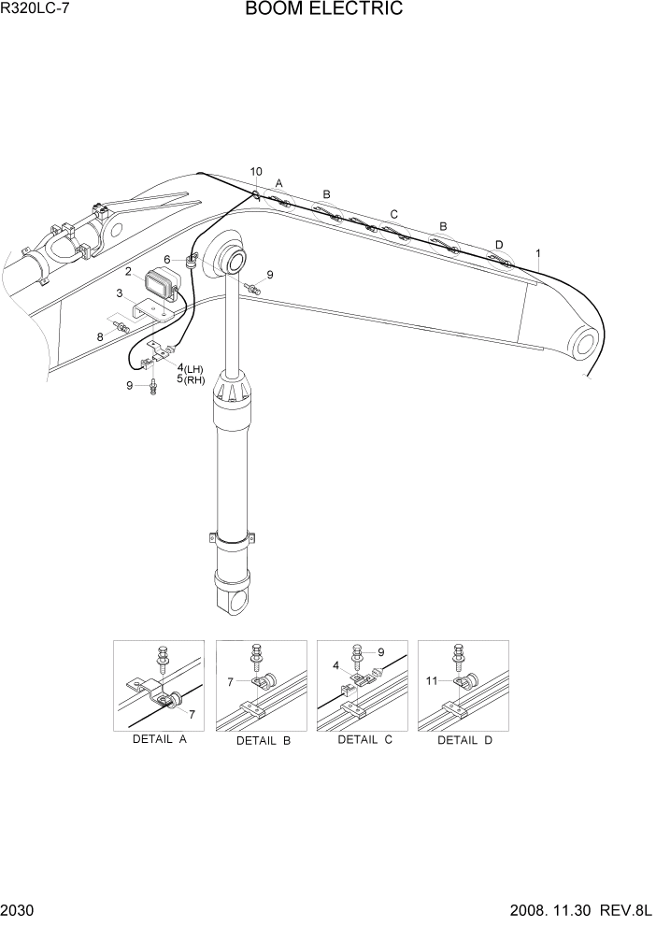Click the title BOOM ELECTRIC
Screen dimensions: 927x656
(324, 10)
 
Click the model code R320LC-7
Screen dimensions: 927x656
(35, 9)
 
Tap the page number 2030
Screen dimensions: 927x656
(20, 910)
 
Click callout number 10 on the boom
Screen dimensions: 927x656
(256, 171)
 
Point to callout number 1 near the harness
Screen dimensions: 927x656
(537, 252)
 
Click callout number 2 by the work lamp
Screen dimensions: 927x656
(127, 272)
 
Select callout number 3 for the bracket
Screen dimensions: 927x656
(119, 293)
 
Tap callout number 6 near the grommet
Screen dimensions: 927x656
(167, 260)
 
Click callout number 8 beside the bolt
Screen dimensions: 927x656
(100, 336)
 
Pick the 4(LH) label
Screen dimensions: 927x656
(190, 369)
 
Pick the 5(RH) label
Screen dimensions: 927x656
(191, 380)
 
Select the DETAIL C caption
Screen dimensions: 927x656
(364, 739)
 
